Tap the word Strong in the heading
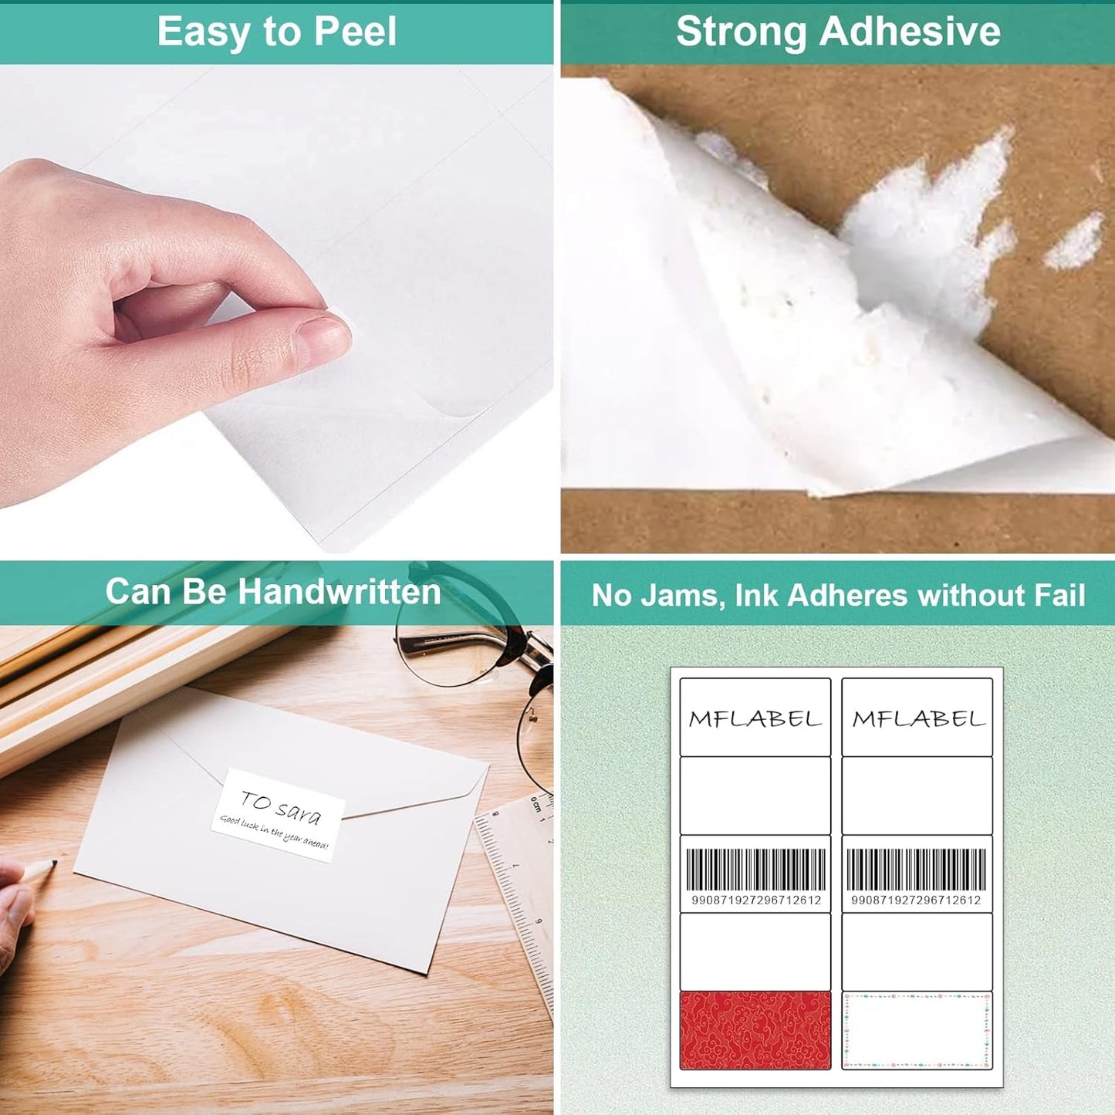point(741,32)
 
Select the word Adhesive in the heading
point(911,32)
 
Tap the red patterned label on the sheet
point(755,1030)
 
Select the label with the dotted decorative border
point(917,1030)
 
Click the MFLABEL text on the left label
point(755,719)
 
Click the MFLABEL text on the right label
point(918,719)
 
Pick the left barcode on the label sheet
point(755,870)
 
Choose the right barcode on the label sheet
point(916,870)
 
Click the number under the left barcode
point(755,900)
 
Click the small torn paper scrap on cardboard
point(1074,242)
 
